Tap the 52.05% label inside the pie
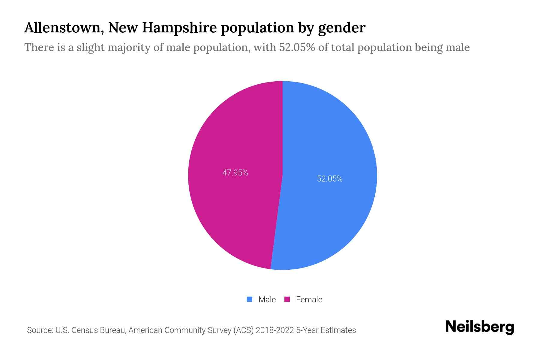[x=329, y=179]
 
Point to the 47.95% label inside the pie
[x=235, y=173]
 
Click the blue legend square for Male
[x=249, y=299]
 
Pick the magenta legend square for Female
[x=287, y=299]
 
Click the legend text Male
[x=267, y=300]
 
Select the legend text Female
[x=309, y=300]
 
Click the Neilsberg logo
[x=479, y=327]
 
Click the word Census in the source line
[x=85, y=330]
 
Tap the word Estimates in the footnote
[x=338, y=330]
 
